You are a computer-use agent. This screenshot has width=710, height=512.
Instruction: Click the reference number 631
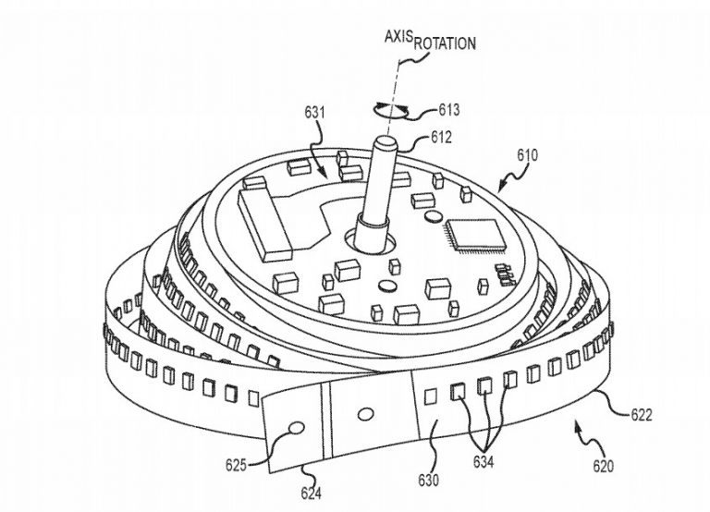pyautogui.click(x=314, y=112)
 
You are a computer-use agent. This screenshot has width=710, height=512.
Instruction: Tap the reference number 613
pyautogui.click(x=448, y=110)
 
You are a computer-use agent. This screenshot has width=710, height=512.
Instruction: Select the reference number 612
pyautogui.click(x=441, y=137)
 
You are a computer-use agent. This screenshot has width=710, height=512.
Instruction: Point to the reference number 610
pyautogui.click(x=528, y=155)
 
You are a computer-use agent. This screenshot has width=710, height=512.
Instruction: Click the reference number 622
pyautogui.click(x=642, y=415)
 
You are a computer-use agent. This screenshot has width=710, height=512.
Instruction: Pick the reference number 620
pyautogui.click(x=604, y=466)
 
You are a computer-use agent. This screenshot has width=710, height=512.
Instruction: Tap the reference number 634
pyautogui.click(x=484, y=462)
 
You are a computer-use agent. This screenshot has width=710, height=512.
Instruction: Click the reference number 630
pyautogui.click(x=428, y=480)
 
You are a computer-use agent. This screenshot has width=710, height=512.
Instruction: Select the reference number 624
pyautogui.click(x=311, y=493)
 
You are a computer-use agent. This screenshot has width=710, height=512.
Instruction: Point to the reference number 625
pyautogui.click(x=237, y=465)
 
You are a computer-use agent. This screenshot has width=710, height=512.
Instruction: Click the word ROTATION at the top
pyautogui.click(x=445, y=43)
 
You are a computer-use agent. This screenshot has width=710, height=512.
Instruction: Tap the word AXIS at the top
pyautogui.click(x=399, y=36)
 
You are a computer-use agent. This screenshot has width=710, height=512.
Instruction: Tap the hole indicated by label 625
pyautogui.click(x=297, y=427)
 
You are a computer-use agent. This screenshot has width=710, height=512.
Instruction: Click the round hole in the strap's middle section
pyautogui.click(x=365, y=414)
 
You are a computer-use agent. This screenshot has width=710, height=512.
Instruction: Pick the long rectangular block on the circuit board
pyautogui.click(x=264, y=226)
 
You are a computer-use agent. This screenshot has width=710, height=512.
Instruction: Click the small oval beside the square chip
pyautogui.click(x=434, y=216)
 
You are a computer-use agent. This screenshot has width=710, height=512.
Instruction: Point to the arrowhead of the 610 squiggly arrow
pyautogui.click(x=500, y=189)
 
